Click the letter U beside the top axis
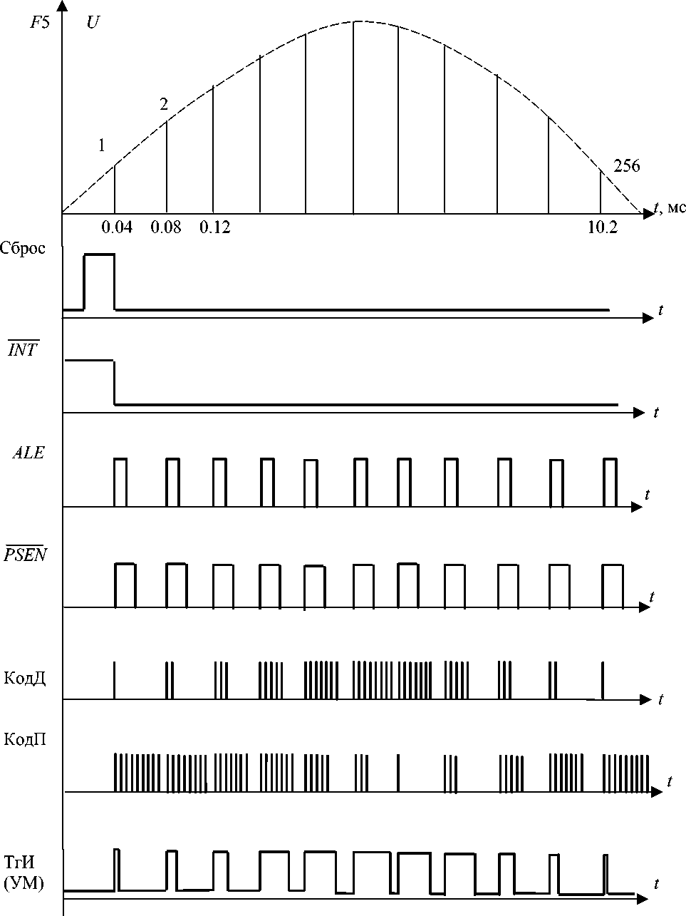click(93, 23)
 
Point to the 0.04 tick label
click(117, 227)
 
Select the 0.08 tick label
click(166, 227)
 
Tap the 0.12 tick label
click(214, 227)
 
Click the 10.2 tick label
click(602, 227)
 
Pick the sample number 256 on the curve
click(626, 167)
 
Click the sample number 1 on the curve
click(102, 146)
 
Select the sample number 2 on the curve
click(164, 106)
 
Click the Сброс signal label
click(23, 248)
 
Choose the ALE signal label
click(28, 453)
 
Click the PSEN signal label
click(25, 555)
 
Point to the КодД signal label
click(25, 676)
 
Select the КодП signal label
click(25, 739)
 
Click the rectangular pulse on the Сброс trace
click(99, 281)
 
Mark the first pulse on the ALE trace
click(120, 482)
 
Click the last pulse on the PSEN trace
click(613, 586)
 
